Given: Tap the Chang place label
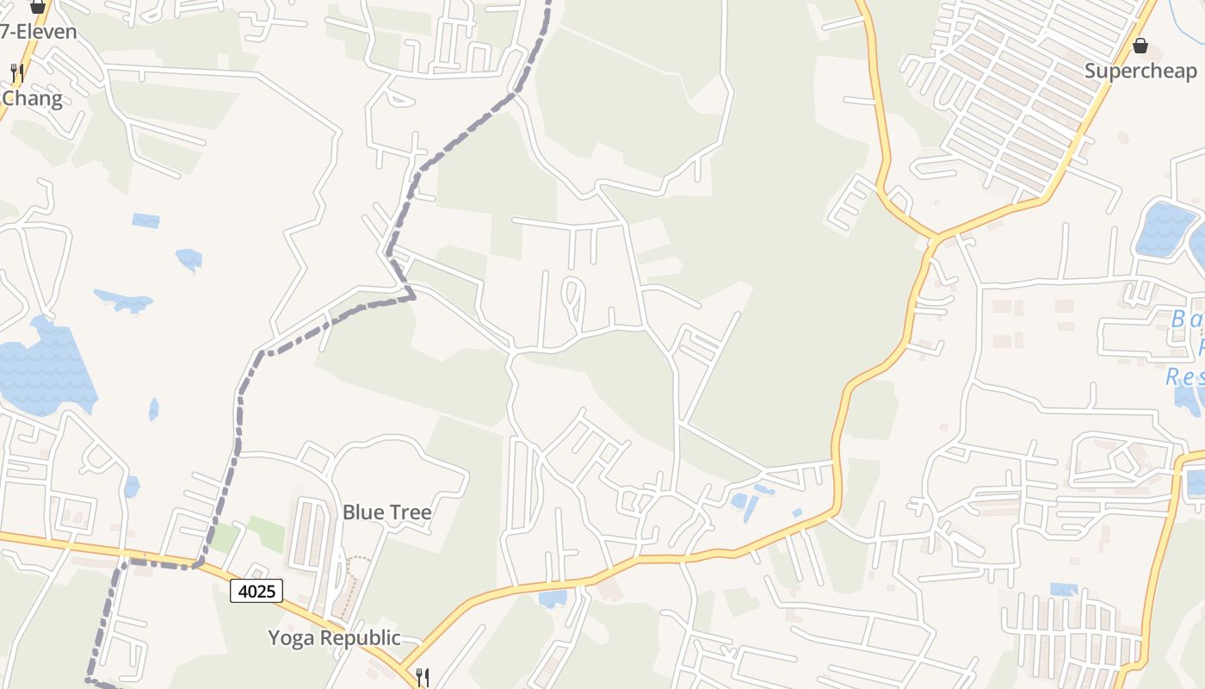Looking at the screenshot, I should point(32,98).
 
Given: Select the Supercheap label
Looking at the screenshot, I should point(1140,71).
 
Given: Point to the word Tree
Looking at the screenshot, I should point(411,512).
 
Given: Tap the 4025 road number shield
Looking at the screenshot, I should point(256,591).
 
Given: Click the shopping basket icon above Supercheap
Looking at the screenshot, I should point(1140,46).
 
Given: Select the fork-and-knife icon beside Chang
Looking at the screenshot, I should point(16,72).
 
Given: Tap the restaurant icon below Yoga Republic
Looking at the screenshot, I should point(422,676).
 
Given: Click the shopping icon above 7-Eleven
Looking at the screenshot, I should point(37,7).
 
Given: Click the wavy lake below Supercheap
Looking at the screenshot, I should point(1166,229).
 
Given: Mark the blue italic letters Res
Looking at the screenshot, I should point(1184,376).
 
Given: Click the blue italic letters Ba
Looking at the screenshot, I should point(1187,320).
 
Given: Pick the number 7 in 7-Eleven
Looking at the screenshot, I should point(5,32).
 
